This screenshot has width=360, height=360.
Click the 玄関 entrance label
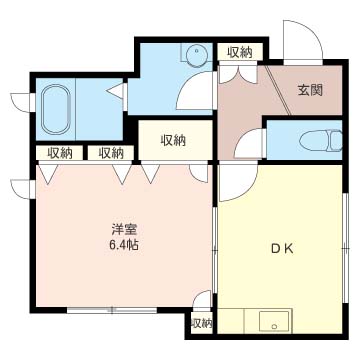[x=310, y=91]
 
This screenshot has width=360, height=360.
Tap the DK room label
[x=282, y=249]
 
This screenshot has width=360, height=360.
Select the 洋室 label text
[x=123, y=230]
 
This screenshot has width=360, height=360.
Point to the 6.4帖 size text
[x=122, y=246]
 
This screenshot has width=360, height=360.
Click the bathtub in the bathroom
[x=56, y=109]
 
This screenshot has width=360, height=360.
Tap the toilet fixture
[x=321, y=140]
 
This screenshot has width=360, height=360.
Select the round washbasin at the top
[x=197, y=53]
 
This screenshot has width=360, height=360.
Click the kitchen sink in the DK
[x=275, y=320]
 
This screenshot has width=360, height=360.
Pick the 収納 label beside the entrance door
[x=240, y=52]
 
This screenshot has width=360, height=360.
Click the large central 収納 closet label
[x=174, y=141]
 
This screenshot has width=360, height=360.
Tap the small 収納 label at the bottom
[x=202, y=323]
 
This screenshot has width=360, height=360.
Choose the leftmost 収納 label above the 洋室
[x=60, y=153]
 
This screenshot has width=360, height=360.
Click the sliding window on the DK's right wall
[x=345, y=248]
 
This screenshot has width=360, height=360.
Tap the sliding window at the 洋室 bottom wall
[x=112, y=310]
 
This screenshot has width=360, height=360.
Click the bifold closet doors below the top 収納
[x=238, y=74]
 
